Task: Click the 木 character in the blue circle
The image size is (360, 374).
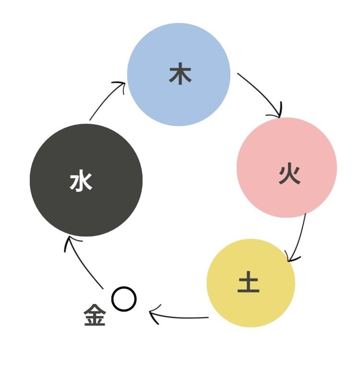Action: [x=180, y=73]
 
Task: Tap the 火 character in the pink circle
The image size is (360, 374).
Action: [x=289, y=175]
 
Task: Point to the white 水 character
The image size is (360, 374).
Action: [x=81, y=180]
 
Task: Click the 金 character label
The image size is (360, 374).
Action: [x=95, y=315]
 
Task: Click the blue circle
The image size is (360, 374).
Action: [x=179, y=74]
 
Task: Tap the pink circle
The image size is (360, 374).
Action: [x=287, y=167]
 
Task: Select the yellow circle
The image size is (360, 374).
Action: [x=251, y=283]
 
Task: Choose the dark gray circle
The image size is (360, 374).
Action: [x=86, y=180]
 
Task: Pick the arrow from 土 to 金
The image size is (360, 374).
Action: [x=179, y=317]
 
